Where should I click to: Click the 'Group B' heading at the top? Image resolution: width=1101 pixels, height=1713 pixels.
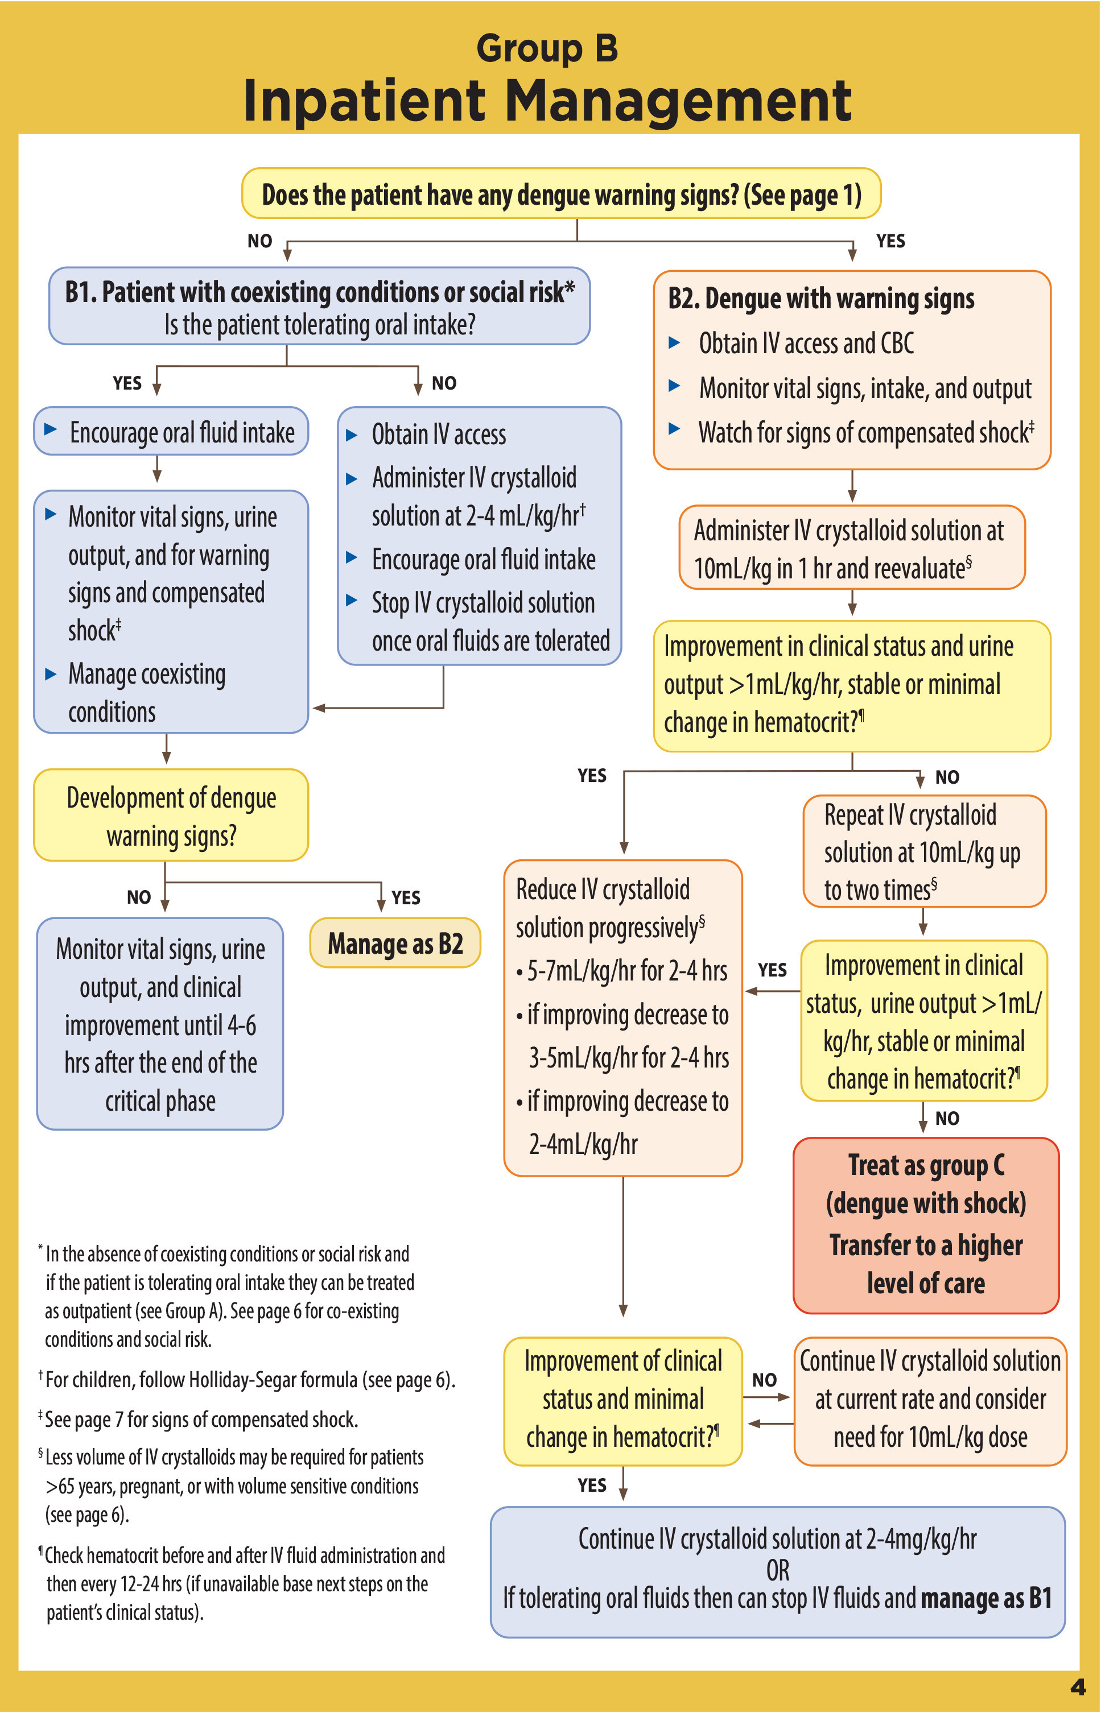coord(547,48)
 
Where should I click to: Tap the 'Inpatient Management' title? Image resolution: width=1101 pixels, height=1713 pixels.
coord(547,101)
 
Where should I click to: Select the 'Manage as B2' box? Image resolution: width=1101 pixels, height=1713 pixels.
coord(395,944)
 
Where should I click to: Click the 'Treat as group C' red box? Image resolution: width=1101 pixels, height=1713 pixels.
coord(926,1225)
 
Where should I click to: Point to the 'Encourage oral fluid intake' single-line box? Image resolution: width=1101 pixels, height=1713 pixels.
coord(172,432)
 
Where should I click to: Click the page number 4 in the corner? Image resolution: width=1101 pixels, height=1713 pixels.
coord(1078,1687)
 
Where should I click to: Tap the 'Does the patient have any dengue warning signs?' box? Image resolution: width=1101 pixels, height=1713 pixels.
coord(561,194)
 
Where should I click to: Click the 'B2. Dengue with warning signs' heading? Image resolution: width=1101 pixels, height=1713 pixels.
coord(820,299)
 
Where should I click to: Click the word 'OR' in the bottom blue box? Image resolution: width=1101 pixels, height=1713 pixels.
coord(778,1570)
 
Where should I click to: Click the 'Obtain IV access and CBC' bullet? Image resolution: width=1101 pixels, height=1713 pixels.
coord(806,344)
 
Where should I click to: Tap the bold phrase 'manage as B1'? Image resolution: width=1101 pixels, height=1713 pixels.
coord(986,1598)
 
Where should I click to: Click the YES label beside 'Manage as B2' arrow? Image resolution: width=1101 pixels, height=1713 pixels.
coord(405,897)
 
